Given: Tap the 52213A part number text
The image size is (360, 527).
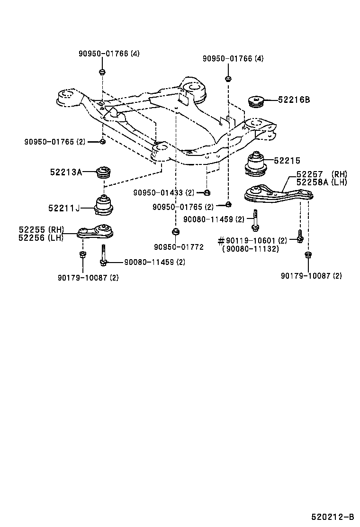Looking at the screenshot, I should (x=66, y=172).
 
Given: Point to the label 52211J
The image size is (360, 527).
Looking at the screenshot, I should (x=64, y=208).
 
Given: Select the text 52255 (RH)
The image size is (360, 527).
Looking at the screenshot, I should (x=41, y=230).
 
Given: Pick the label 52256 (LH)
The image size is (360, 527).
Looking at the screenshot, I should (x=41, y=237).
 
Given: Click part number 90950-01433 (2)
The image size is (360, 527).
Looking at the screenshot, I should (x=164, y=192).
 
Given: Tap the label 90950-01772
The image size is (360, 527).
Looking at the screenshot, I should (x=179, y=247).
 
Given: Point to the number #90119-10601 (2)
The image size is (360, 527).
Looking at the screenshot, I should (x=252, y=241).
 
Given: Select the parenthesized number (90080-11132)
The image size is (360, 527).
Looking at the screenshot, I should (x=251, y=248).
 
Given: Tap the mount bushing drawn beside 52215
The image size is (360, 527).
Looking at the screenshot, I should (x=256, y=165).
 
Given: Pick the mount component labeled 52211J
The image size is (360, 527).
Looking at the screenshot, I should (x=104, y=204).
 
